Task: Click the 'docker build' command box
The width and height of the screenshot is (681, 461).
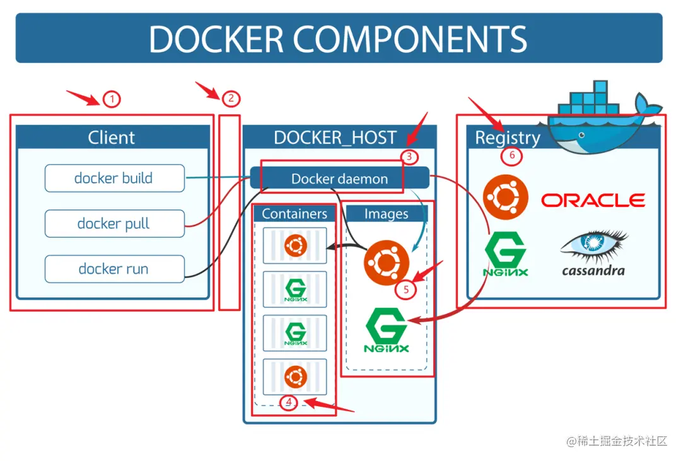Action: click(114, 178)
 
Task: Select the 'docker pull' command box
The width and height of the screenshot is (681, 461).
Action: click(114, 224)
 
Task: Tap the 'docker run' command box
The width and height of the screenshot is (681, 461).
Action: click(114, 269)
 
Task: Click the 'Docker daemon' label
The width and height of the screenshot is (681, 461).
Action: click(339, 179)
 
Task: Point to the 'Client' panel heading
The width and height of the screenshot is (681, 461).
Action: click(112, 137)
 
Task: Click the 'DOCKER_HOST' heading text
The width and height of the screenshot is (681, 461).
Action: click(335, 137)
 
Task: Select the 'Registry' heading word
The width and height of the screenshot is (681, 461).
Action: click(508, 137)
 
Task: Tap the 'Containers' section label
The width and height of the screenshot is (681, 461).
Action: click(294, 214)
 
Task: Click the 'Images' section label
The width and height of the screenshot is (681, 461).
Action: click(387, 214)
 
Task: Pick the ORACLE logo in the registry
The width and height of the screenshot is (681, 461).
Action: click(593, 201)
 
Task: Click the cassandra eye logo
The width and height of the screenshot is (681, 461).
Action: click(593, 249)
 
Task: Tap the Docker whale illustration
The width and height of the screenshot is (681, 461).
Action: click(602, 117)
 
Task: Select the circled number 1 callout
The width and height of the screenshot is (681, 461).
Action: click(112, 99)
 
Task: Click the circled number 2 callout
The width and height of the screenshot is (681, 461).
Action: click(231, 98)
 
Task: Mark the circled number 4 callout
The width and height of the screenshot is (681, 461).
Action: click(289, 402)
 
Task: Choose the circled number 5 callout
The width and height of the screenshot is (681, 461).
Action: click(405, 289)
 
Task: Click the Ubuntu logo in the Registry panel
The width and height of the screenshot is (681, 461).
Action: click(505, 197)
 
